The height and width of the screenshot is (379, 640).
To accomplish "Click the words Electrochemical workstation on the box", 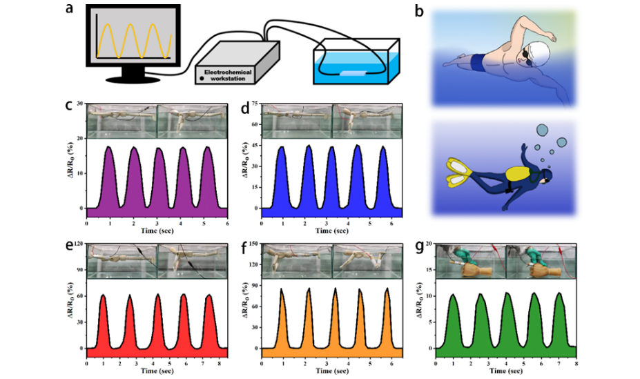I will point(225,75).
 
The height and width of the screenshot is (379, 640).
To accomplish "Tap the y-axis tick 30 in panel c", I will point(81,104).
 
